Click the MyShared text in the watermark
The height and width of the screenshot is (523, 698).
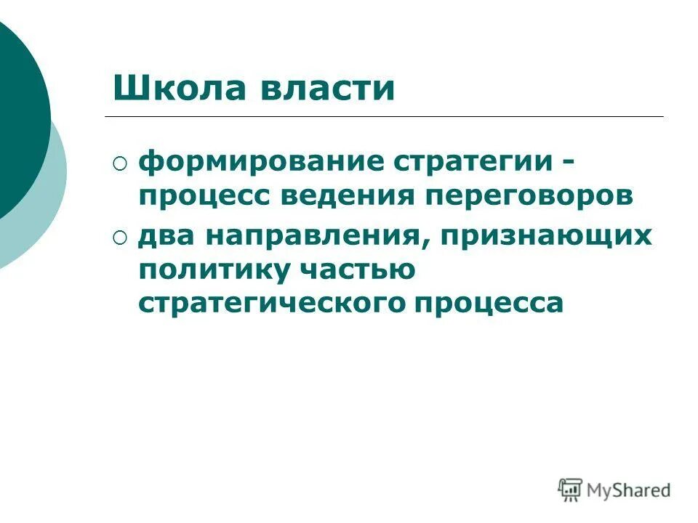(630, 491)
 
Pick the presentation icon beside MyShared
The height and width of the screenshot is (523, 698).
(571, 490)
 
